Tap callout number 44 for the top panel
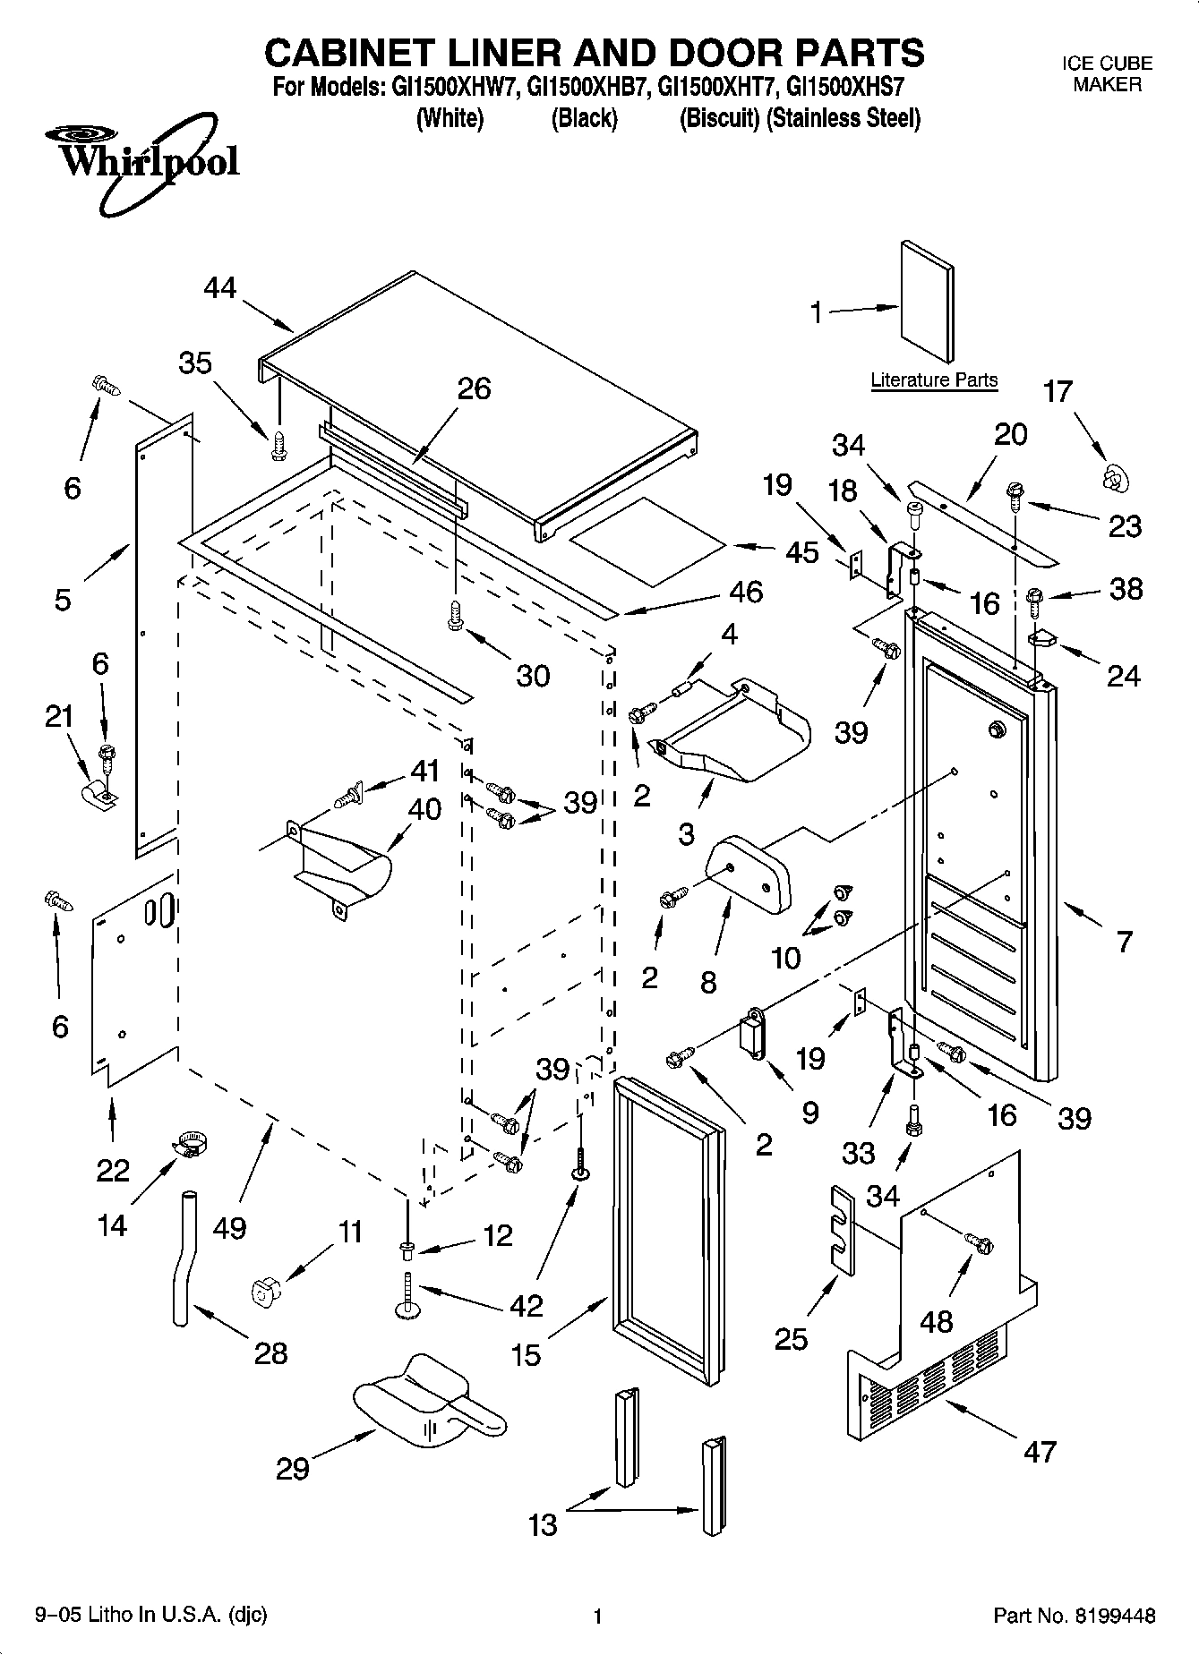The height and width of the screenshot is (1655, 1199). tap(219, 288)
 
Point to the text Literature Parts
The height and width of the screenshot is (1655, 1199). tap(934, 380)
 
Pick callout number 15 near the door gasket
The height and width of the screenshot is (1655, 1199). tap(526, 1354)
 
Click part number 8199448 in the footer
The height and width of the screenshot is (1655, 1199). tap(1114, 1616)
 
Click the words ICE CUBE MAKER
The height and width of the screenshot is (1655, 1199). tap(1107, 74)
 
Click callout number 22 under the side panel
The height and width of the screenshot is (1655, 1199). tap(113, 1170)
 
